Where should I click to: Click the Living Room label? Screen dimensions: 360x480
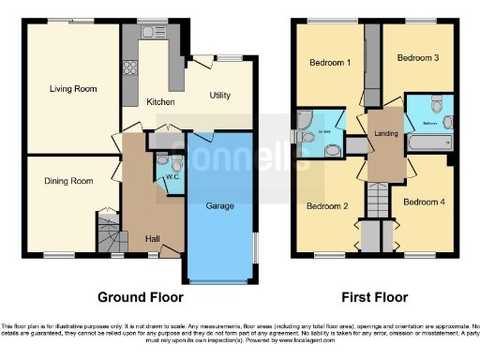pyautogui.click(x=73, y=89)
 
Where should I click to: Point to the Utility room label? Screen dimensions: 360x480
pyautogui.click(x=220, y=96)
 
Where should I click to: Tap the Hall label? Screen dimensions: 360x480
pyautogui.click(x=152, y=238)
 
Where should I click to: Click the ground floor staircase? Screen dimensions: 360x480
pyautogui.click(x=110, y=229)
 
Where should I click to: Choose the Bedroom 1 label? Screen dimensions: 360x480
pyautogui.click(x=330, y=63)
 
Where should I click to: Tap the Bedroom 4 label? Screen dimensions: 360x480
pyautogui.click(x=424, y=202)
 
